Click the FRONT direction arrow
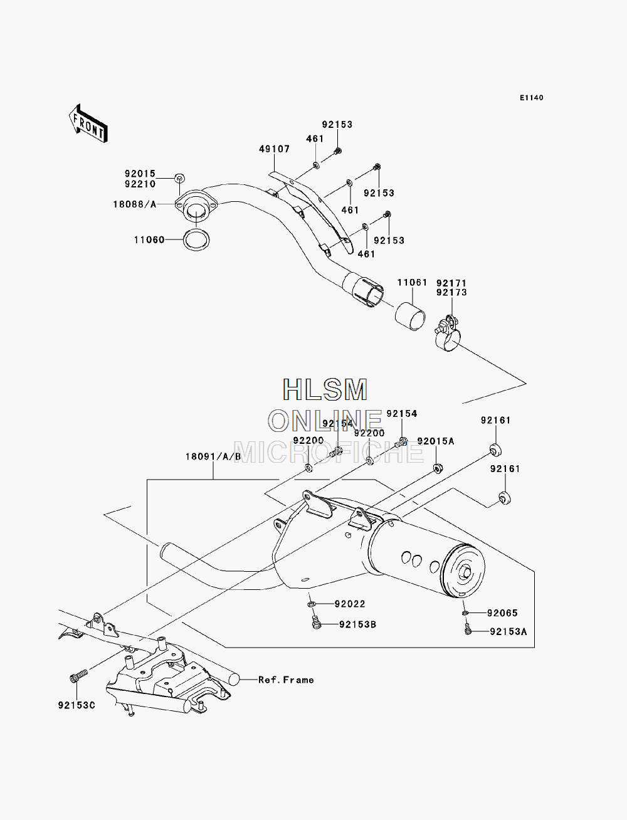(x=88, y=123)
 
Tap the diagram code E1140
(x=531, y=98)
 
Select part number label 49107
(x=274, y=149)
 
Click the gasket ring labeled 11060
(x=196, y=240)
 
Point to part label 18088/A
(x=135, y=204)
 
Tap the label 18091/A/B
(x=213, y=456)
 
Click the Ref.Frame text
(x=286, y=680)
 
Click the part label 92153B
(x=357, y=624)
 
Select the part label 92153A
(x=508, y=632)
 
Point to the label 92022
(x=350, y=604)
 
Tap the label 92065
(x=502, y=613)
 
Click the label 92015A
(x=436, y=441)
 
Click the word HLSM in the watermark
(x=325, y=390)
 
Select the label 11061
(x=412, y=283)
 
